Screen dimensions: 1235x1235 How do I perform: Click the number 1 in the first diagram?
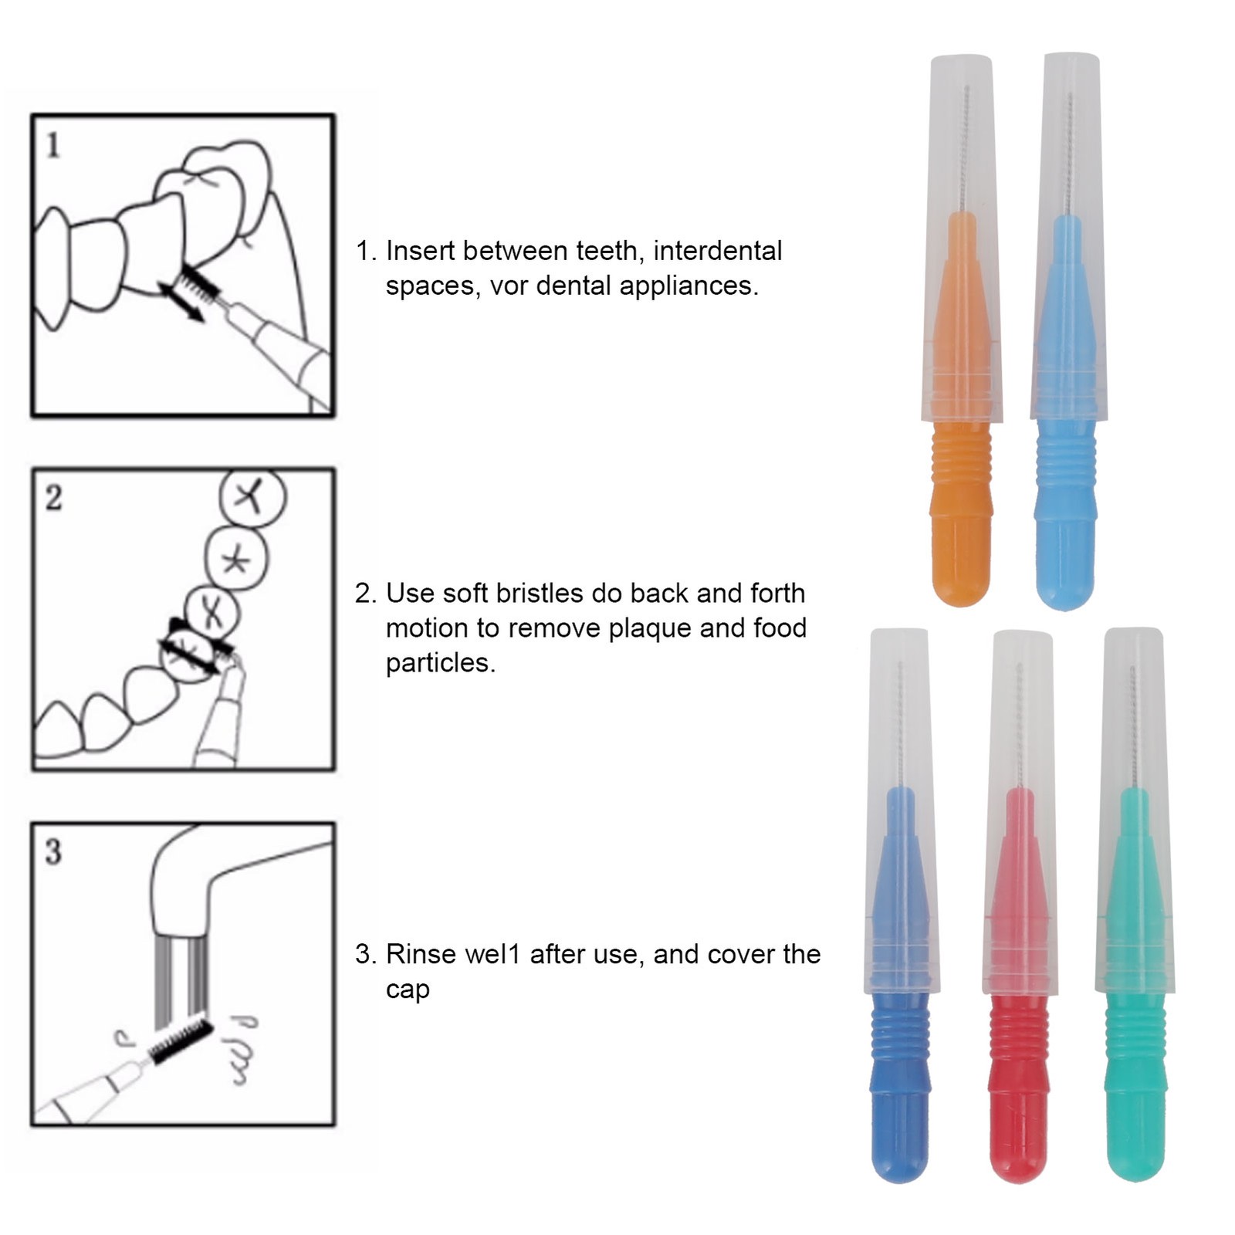tap(52, 145)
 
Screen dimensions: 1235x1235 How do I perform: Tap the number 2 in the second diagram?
tap(53, 498)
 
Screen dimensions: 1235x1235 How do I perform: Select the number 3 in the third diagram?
tap(52, 852)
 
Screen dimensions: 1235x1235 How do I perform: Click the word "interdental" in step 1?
tap(718, 251)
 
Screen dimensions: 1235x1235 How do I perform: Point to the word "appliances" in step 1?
tap(689, 287)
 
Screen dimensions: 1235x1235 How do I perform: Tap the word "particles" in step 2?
tap(441, 663)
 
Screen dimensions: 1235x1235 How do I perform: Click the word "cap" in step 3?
tap(408, 991)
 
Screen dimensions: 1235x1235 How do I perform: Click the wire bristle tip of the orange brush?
tap(966, 147)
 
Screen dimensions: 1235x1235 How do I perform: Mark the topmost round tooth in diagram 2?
tap(252, 496)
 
